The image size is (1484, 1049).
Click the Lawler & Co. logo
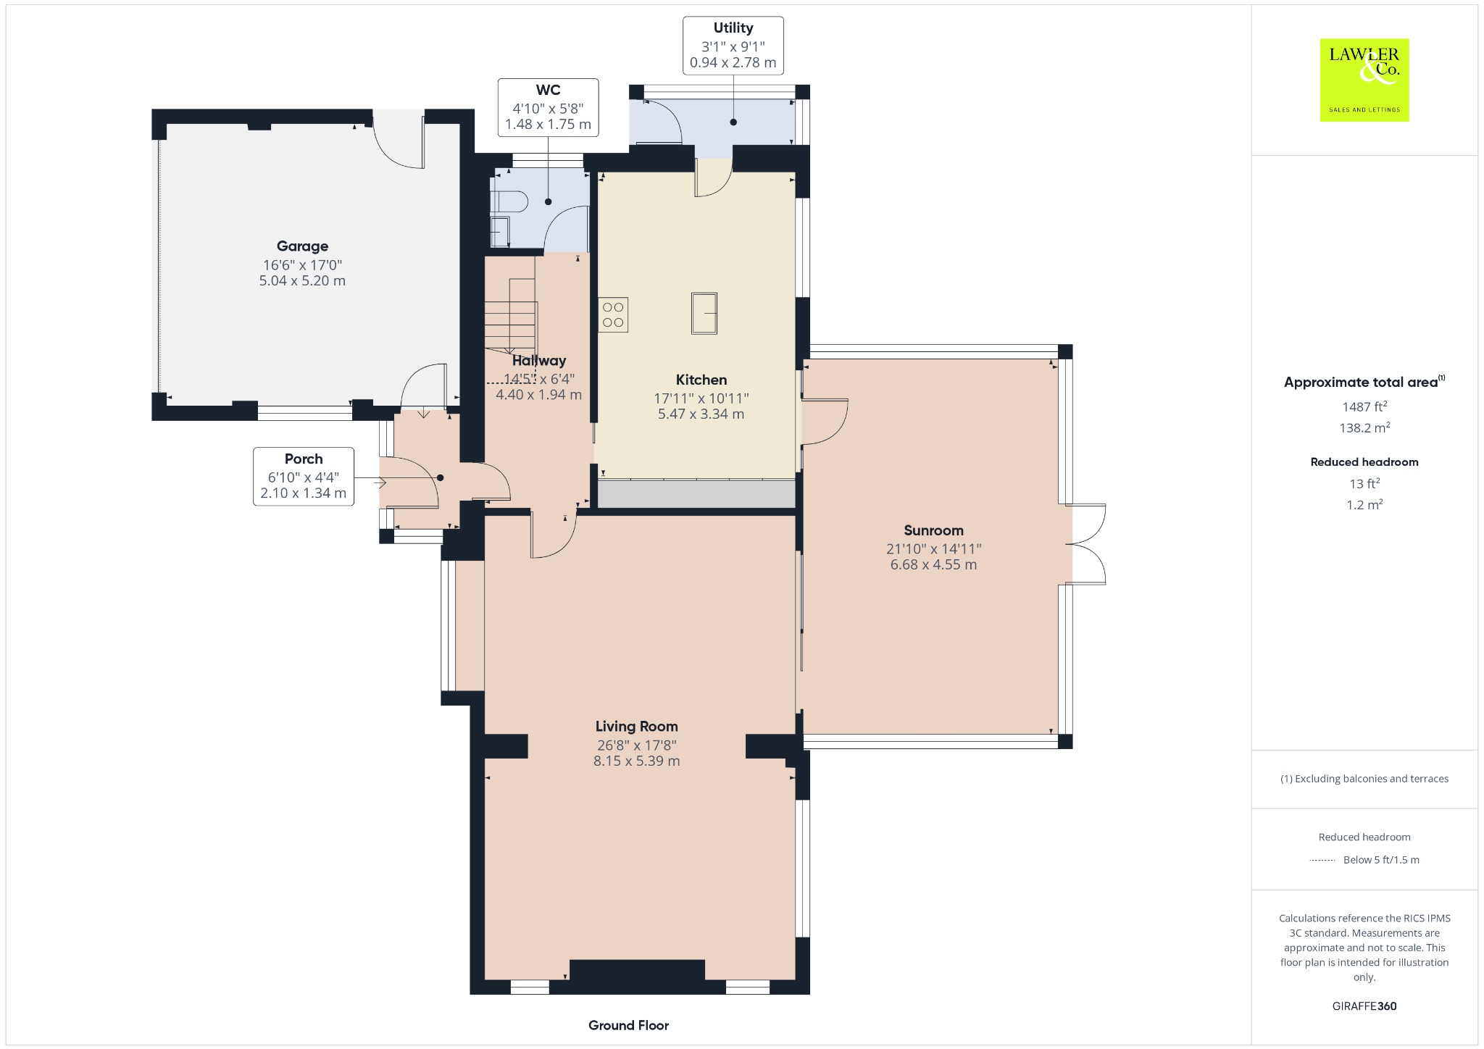[1364, 80]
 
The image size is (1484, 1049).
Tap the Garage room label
[302, 246]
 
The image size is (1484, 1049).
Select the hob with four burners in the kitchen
[613, 315]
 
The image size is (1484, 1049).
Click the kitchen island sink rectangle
[704, 313]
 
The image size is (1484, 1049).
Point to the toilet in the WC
[509, 201]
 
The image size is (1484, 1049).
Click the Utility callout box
[733, 45]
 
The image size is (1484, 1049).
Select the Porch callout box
[303, 476]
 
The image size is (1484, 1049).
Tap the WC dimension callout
[548, 107]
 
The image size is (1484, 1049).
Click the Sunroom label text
[933, 530]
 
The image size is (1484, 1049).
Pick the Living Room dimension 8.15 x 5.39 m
[636, 761]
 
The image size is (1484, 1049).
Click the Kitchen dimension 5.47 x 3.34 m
[701, 414]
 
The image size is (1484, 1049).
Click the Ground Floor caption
[628, 1025]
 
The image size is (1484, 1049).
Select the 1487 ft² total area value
[1364, 406]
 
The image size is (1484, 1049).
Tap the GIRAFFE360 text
[1364, 1006]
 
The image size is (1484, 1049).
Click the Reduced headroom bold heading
[1364, 462]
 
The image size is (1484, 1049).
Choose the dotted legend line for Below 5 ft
[1322, 861]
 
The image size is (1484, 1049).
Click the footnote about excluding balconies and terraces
[1364, 779]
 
